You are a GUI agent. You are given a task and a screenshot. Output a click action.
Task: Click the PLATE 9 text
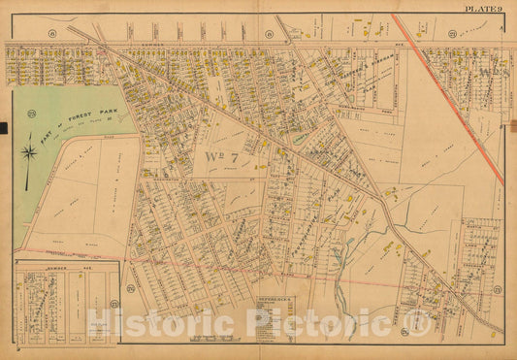click(481, 8)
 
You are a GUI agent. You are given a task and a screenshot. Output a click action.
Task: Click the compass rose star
click(30, 152)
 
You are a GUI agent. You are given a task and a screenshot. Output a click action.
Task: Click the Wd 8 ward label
click(477, 76)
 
